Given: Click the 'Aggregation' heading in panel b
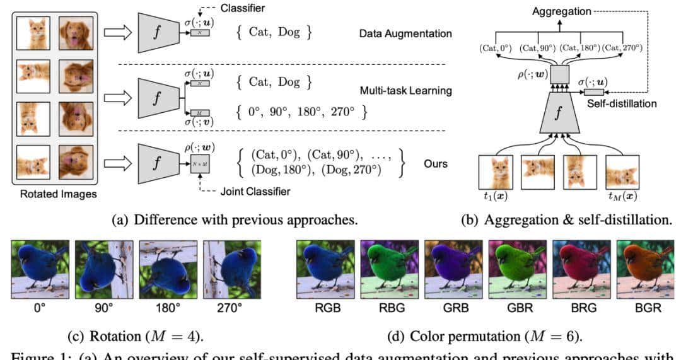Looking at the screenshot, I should (x=562, y=12).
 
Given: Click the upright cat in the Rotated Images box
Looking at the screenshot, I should (x=33, y=33).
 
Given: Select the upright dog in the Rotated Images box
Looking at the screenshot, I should (x=76, y=33).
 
